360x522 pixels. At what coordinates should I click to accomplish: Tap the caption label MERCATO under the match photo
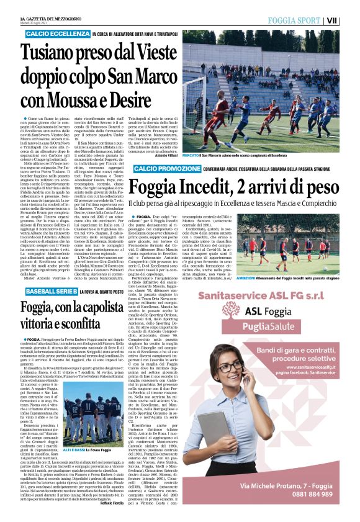(192, 156)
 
